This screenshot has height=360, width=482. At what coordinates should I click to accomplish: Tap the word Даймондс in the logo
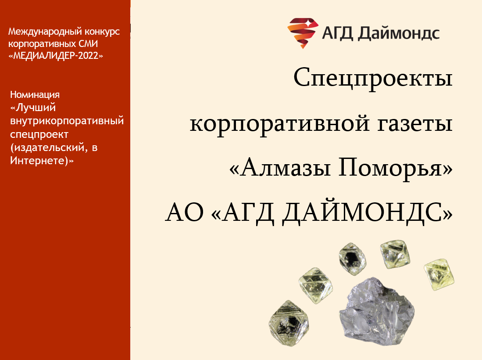399,33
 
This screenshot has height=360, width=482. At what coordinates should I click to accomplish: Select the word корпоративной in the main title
279,124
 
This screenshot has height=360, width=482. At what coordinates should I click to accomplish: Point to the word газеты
415,124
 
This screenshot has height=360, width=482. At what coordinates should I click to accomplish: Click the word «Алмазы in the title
280,167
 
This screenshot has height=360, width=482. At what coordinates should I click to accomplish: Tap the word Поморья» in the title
396,168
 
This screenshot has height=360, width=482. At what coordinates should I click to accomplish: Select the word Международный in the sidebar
45,32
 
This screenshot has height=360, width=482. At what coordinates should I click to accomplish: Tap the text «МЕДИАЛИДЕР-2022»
56,56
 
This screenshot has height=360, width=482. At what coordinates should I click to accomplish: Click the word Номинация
35,94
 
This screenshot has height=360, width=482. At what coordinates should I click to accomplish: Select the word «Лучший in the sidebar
33,108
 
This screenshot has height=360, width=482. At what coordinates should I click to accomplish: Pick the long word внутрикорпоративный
67,121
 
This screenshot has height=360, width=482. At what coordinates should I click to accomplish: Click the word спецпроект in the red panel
39,135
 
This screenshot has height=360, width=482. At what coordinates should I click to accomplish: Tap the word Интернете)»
42,161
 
